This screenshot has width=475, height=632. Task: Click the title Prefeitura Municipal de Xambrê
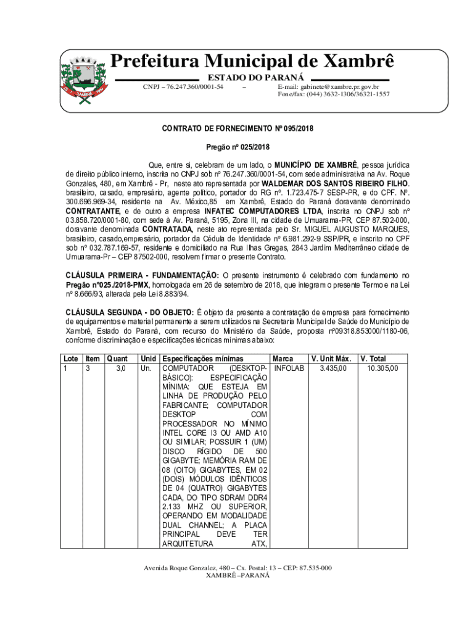point(251,62)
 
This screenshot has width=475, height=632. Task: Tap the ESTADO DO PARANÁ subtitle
point(255,78)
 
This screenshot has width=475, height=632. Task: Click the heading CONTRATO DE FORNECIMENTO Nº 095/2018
point(238,129)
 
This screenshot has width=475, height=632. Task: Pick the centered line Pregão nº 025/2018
point(238,147)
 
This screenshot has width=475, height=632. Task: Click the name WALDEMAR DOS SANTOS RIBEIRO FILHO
point(336,183)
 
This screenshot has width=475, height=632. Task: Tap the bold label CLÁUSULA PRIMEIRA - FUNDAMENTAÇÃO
point(142,275)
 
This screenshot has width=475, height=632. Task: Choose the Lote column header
point(70,359)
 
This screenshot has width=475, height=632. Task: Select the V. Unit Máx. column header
point(331,359)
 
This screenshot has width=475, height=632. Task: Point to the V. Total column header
point(374,359)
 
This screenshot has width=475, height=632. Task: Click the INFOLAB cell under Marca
point(289,368)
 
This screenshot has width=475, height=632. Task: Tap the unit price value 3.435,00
point(333,368)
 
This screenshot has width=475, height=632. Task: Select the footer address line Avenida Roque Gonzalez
point(238,567)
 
